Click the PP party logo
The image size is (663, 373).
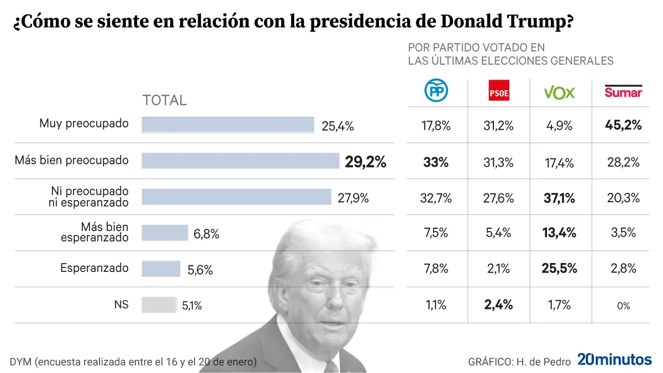click(436, 91)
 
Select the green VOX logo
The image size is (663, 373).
click(560, 92)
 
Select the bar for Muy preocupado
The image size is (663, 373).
click(228, 125)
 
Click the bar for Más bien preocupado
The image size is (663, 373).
click(240, 161)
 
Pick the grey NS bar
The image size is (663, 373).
click(159, 304)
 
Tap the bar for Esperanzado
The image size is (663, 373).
click(161, 269)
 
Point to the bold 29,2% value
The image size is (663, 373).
click(365, 162)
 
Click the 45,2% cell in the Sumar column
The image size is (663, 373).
click(623, 125)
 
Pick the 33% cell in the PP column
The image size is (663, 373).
click(436, 162)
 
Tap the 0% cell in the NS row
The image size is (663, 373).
click(623, 306)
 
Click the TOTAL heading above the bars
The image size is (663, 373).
click(165, 101)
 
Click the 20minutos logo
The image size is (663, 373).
click(614, 360)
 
